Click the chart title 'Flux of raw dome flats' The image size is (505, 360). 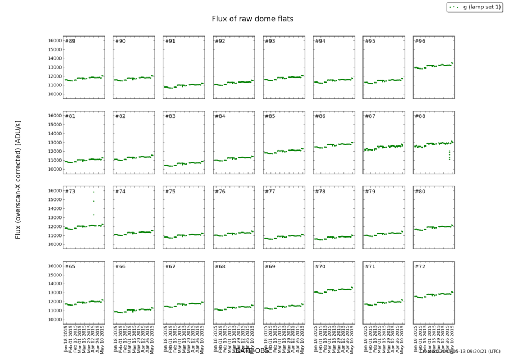tap(252, 19)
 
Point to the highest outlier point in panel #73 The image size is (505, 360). tap(94, 192)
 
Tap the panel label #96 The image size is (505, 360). tap(420, 41)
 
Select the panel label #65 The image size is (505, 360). tap(70, 266)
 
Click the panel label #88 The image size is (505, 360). tap(420, 116)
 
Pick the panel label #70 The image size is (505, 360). tap(320, 266)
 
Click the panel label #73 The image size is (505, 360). tap(70, 192)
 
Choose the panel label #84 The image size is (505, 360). tap(220, 116)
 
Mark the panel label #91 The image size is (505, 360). tap(170, 41)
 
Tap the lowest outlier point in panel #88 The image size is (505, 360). tap(449, 159)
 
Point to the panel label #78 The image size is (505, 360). tap(320, 192)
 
